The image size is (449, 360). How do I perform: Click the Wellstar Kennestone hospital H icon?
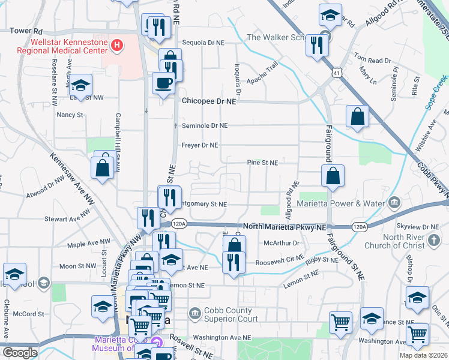117,44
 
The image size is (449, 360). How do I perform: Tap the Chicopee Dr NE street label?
209,102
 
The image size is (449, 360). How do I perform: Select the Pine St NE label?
262,163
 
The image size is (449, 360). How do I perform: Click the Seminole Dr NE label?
205,125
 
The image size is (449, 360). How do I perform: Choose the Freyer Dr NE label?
200,145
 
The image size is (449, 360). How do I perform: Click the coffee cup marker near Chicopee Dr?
163,83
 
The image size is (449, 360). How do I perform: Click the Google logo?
20,353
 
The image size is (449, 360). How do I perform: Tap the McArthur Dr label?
277,243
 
